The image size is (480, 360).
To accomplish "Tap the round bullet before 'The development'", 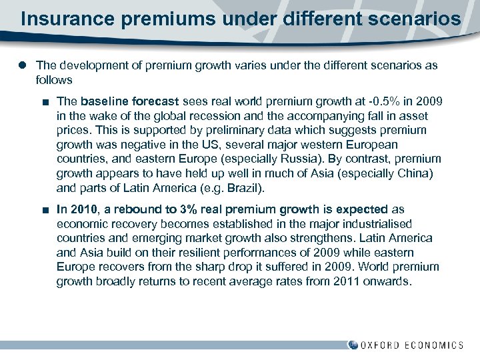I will point(23,65).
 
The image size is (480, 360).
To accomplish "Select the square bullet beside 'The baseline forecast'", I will point(44,101).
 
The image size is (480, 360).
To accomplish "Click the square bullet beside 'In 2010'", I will point(44,209).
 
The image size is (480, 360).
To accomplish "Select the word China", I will point(415,174).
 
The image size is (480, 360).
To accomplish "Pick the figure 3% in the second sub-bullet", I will point(180,209).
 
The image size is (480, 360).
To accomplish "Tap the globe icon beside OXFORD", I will point(353,345).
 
